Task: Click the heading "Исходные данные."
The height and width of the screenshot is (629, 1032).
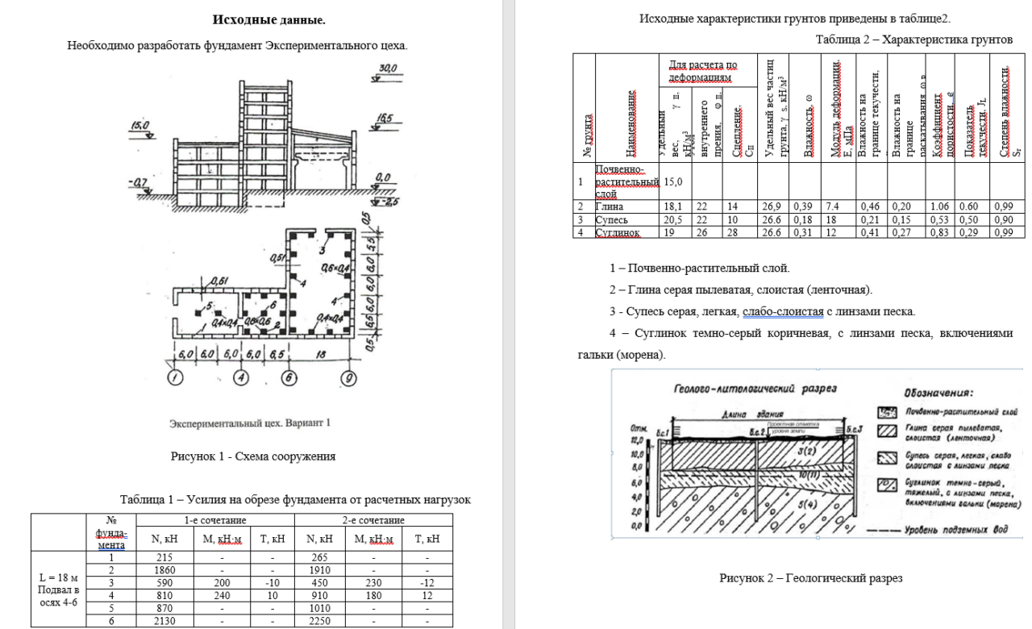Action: click(x=268, y=19)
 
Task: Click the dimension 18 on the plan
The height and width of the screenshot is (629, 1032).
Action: click(x=321, y=353)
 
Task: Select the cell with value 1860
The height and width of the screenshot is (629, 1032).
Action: click(x=164, y=570)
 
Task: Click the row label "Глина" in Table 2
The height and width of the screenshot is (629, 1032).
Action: click(x=612, y=206)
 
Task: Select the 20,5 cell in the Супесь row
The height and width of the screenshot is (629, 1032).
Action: click(x=673, y=219)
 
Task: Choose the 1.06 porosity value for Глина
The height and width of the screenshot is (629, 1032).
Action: click(x=939, y=206)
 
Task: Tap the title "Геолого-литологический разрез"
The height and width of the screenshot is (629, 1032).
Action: click(x=756, y=389)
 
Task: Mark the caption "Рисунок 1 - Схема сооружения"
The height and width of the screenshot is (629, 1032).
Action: click(x=253, y=456)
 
